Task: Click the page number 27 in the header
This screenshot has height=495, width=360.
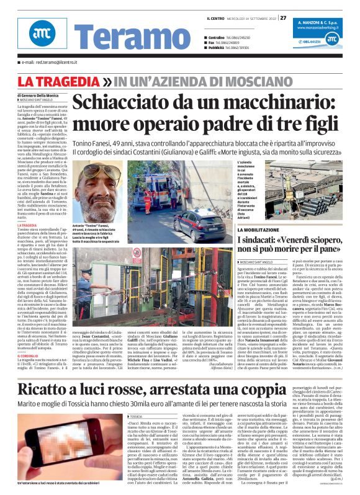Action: (x=283, y=17)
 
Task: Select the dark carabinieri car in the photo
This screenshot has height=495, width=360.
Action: (x=197, y=223)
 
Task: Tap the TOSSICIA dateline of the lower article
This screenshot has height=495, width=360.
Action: (x=118, y=399)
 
